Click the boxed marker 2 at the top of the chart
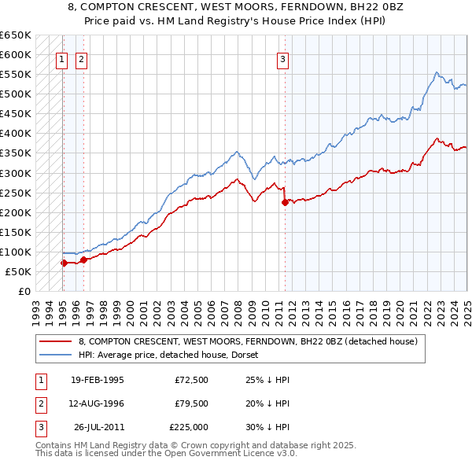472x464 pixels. click(82, 57)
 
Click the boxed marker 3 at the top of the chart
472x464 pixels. click(282, 57)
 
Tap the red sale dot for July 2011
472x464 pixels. click(285, 202)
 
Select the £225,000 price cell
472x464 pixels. click(189, 427)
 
